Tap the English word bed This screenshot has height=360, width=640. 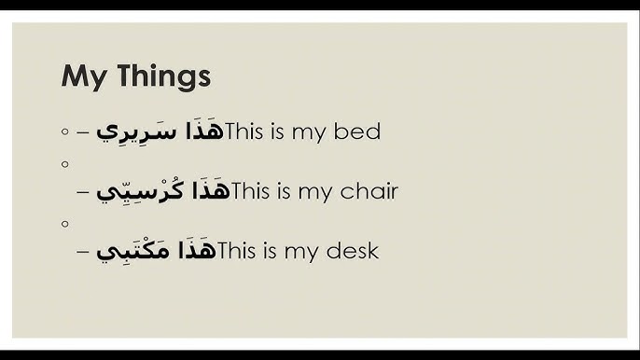click(359, 132)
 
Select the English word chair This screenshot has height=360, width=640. click(371, 192)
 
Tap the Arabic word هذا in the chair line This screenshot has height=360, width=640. click(210, 191)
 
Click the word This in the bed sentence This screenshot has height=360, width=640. click(243, 132)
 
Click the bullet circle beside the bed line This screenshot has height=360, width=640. click(64, 132)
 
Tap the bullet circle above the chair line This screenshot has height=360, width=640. click(64, 164)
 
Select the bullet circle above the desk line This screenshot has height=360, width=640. click(64, 224)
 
